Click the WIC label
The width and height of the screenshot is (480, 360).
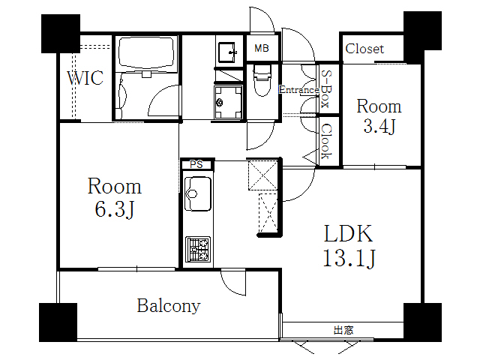pos(85,78)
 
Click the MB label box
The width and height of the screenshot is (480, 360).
pos(261,49)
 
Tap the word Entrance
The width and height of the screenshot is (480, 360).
pos(298,90)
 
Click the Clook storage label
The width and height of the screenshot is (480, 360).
pos(327,141)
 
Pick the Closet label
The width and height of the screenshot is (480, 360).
pos(364,49)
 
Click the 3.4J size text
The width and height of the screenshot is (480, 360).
pos(379,127)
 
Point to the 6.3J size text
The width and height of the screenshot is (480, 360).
pos(114,210)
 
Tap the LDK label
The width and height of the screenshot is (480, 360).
pos(348,233)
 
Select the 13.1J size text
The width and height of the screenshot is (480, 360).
pos(349,259)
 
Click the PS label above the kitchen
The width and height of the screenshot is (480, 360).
pos(196,163)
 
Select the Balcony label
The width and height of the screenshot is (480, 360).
pos(169,306)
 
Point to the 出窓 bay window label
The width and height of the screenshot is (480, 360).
pos(344,329)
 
